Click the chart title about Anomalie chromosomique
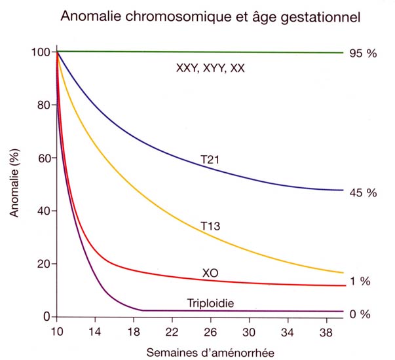(x=210, y=18)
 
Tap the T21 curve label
(x=212, y=159)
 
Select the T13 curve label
(x=212, y=226)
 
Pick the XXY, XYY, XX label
(x=210, y=68)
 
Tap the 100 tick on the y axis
(x=41, y=52)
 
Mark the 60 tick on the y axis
(x=43, y=158)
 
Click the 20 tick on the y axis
(x=43, y=264)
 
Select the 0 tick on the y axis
(x=46, y=317)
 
